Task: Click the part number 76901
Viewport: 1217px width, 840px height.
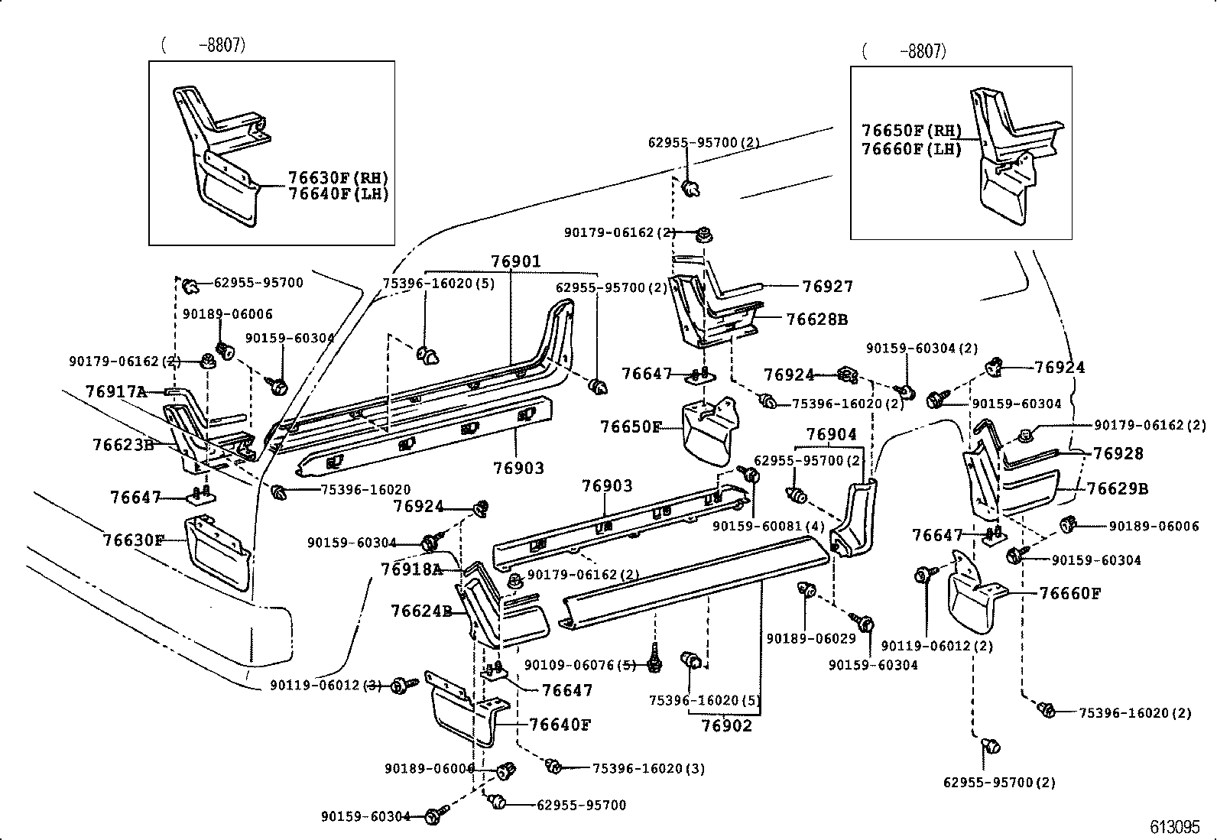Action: [x=515, y=262]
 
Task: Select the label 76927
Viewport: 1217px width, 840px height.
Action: [x=827, y=287]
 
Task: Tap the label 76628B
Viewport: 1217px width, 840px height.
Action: [x=816, y=319]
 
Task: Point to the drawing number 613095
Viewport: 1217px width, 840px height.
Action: [x=1175, y=827]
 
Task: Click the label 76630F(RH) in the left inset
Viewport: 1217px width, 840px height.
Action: [x=338, y=178]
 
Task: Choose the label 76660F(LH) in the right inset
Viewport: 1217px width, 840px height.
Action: [x=911, y=149]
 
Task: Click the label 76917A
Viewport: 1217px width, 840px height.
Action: [x=115, y=392]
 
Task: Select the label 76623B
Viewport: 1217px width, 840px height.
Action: [x=123, y=445]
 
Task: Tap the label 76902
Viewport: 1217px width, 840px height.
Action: [x=726, y=725]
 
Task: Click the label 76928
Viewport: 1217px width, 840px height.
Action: [x=1118, y=454]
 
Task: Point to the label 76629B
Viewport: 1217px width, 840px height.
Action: [x=1117, y=488]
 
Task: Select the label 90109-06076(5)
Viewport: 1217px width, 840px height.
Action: [x=579, y=665]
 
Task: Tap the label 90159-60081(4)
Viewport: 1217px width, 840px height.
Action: [x=768, y=527]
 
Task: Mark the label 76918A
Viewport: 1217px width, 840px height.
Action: [x=411, y=569]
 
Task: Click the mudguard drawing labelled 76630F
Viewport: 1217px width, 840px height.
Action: [x=218, y=552]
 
